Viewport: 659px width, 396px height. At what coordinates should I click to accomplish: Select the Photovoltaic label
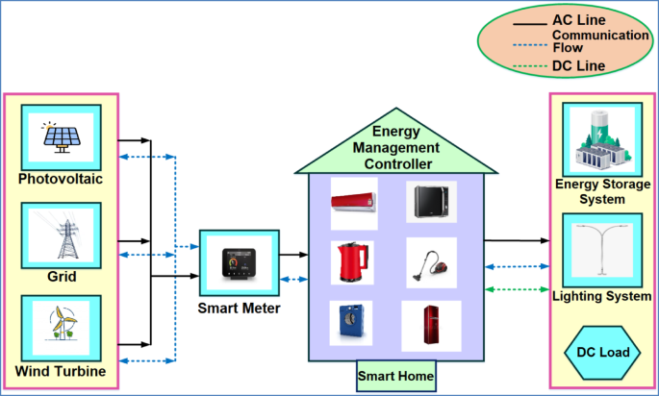click(x=60, y=179)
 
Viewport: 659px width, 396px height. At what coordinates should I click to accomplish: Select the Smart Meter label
click(x=239, y=309)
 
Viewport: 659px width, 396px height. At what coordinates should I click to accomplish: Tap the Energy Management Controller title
click(x=396, y=148)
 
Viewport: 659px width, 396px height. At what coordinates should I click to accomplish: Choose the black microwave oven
click(x=431, y=203)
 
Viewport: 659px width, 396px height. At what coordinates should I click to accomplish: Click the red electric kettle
click(x=352, y=262)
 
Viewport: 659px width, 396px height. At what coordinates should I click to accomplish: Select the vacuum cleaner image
click(x=432, y=262)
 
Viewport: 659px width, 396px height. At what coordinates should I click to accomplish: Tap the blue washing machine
click(x=352, y=323)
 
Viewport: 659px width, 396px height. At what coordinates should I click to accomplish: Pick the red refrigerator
click(x=432, y=324)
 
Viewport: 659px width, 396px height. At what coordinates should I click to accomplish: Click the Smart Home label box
click(x=395, y=375)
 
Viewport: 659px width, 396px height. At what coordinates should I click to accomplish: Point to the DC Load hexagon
click(x=603, y=353)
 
